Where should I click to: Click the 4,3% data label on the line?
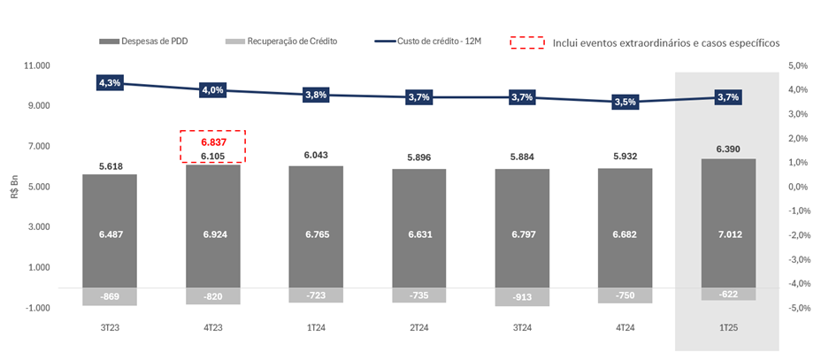109,82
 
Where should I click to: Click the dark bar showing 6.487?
109,234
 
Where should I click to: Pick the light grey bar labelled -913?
521,297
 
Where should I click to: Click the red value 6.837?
212,142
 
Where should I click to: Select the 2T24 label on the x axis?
418,328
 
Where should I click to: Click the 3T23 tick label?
109,328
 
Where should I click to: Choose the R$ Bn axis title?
15,186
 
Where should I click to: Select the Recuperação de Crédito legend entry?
282,42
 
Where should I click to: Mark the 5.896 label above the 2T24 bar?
418,157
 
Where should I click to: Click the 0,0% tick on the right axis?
799,187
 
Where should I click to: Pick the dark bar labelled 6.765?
316,234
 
